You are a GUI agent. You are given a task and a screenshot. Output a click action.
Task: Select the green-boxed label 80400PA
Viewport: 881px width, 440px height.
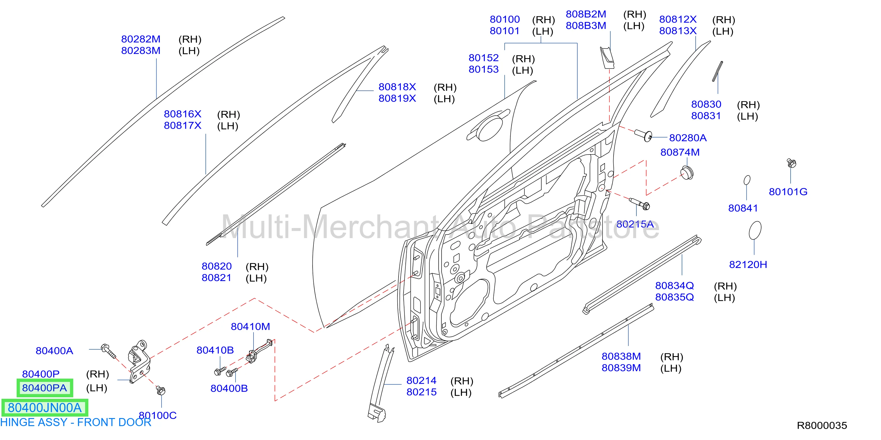[45, 388]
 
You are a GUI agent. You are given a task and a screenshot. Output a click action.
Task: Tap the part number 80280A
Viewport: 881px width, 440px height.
[688, 138]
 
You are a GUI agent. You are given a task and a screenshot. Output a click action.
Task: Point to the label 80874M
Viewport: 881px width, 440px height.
[680, 152]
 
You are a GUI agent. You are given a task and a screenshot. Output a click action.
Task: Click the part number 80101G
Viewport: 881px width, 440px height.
[788, 192]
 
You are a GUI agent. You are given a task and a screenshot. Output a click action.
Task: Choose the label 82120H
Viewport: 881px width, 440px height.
[748, 264]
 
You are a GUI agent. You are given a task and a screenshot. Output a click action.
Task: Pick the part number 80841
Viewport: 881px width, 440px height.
[743, 208]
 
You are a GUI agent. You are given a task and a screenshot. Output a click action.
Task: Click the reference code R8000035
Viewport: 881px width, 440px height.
[822, 426]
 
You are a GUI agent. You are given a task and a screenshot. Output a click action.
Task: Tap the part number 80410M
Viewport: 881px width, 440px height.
[250, 326]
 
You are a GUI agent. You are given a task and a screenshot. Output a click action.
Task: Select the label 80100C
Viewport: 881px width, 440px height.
[158, 415]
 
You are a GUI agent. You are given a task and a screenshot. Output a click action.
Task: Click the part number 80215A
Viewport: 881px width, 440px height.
[635, 224]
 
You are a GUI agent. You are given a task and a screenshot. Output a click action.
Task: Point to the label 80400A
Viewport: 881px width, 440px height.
[54, 351]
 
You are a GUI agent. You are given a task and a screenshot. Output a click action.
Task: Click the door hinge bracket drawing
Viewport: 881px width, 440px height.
[140, 362]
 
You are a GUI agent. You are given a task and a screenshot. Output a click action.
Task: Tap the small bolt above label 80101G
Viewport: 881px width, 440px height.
[791, 163]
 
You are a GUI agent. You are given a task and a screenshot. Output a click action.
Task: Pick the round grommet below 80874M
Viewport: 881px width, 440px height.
[687, 173]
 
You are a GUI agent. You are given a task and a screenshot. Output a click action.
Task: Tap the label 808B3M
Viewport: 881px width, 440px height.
[586, 25]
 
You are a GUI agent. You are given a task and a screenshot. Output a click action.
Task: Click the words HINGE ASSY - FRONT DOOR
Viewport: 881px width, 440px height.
[76, 423]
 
